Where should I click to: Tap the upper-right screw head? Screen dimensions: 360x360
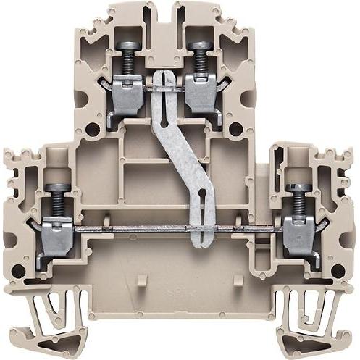point(198,46)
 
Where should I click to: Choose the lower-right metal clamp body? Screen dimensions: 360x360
point(298,236)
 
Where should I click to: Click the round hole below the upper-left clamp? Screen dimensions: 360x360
point(92,131)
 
